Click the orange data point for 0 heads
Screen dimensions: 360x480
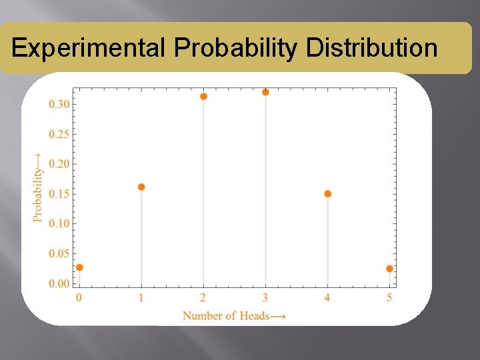tap(79, 267)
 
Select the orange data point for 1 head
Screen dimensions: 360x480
tap(141, 187)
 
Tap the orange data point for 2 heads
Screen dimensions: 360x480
tap(203, 96)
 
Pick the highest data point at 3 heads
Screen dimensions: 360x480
tap(265, 92)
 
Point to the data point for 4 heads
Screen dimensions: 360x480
tap(327, 194)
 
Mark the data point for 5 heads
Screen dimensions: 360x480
tap(389, 269)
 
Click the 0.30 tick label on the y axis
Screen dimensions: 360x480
tap(58, 104)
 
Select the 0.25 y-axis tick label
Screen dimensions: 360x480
tap(58, 134)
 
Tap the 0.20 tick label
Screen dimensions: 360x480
tap(58, 164)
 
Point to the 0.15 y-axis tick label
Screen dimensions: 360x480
tap(58, 194)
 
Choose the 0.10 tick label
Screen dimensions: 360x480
tap(58, 223)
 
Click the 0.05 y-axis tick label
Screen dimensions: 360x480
tap(58, 253)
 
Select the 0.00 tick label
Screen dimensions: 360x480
tap(58, 283)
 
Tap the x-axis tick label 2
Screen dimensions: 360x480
tap(203, 297)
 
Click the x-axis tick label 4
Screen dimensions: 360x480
tap(327, 297)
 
